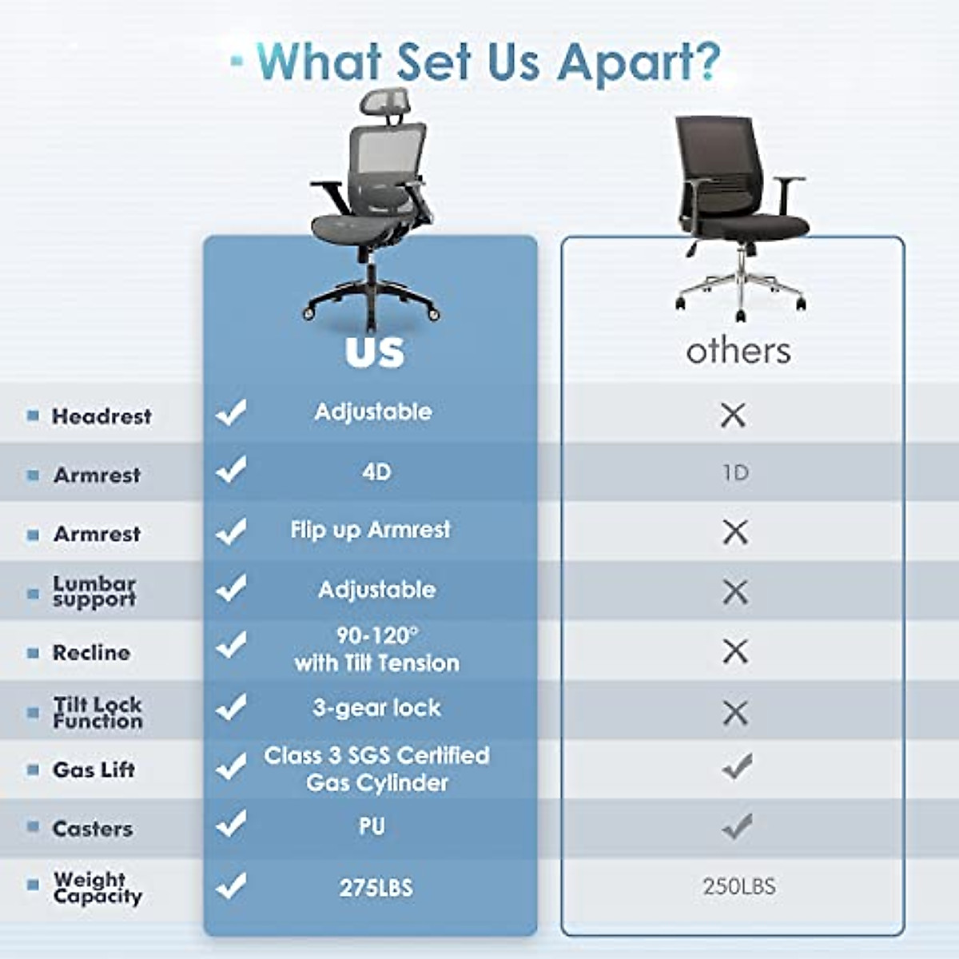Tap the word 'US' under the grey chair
[375, 352]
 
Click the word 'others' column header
[738, 351]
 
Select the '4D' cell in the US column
[376, 472]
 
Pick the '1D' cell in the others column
[735, 473]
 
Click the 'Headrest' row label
[101, 416]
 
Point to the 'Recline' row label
[91, 653]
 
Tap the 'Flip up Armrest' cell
[370, 530]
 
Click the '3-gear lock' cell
[376, 708]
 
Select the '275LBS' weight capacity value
[376, 888]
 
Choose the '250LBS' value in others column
[739, 886]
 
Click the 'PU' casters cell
[372, 826]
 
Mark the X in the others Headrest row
[733, 415]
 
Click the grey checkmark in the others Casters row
[737, 826]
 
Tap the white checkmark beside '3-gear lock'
[231, 706]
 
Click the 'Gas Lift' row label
[94, 770]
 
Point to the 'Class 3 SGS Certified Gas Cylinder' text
[376, 769]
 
